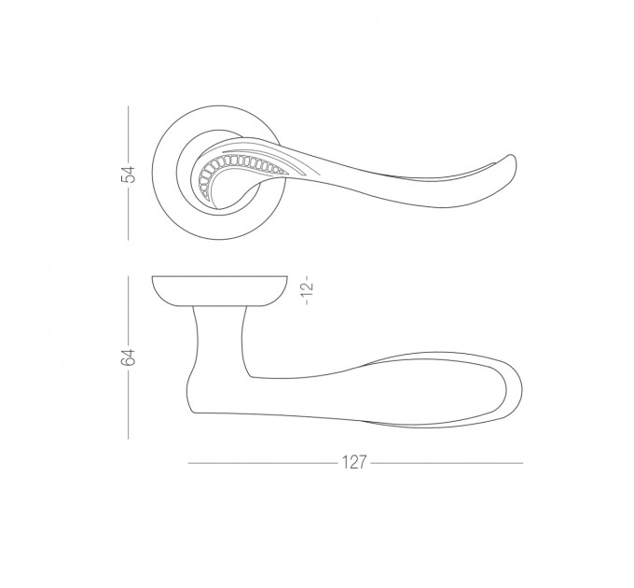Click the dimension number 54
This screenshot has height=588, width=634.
coord(128,175)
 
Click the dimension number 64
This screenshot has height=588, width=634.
coord(128,357)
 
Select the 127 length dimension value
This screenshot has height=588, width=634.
coord(354,462)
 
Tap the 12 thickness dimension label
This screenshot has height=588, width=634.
coord(308,289)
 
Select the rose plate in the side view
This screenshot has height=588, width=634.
coord(220,290)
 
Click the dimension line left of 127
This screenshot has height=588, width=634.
coord(263,463)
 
